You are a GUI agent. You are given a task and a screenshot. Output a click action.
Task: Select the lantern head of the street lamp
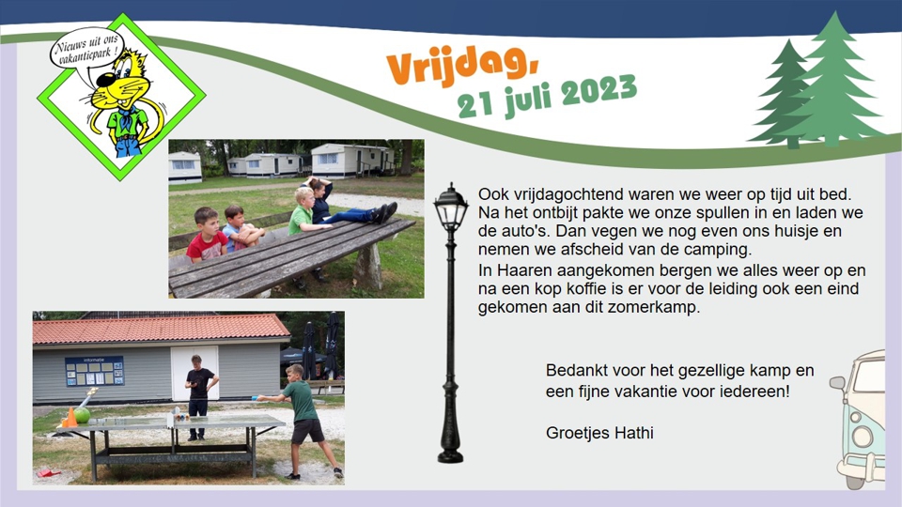pyautogui.click(x=451, y=208)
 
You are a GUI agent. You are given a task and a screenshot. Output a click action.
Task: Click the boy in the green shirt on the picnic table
pyautogui.click(x=303, y=212)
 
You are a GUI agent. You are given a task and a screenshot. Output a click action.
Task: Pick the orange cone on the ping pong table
pyautogui.click(x=70, y=417)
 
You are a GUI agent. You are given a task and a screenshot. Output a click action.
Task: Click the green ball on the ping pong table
pyautogui.click(x=83, y=415)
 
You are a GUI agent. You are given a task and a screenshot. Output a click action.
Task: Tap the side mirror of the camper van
pyautogui.click(x=837, y=384)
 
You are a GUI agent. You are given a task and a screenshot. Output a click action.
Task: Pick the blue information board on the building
pyautogui.click(x=94, y=371)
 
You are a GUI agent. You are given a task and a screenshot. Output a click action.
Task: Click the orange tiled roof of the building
pyautogui.click(x=160, y=329)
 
